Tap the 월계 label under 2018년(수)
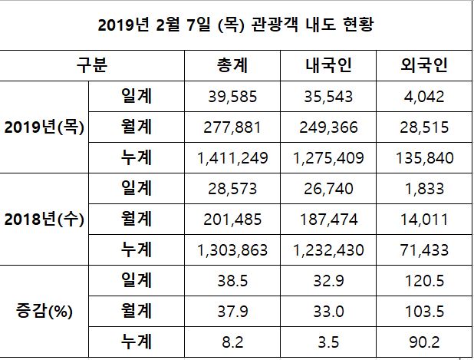[x=137, y=220]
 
